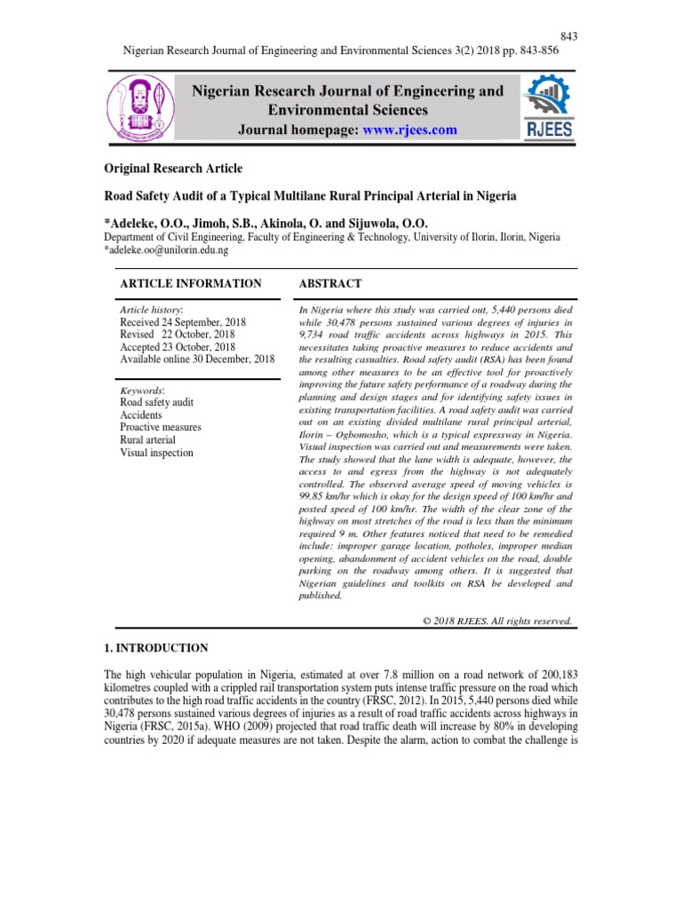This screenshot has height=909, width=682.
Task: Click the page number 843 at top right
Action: pos(569,36)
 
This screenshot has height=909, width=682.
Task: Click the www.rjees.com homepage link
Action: pos(416,130)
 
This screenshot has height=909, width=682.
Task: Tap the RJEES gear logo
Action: pos(551,107)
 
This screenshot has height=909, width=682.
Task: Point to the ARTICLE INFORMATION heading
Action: pos(190,283)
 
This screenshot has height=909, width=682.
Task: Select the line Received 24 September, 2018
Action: pos(183,321)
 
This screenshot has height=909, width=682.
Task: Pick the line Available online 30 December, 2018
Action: pos(197,359)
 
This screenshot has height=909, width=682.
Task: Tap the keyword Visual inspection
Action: pos(156,453)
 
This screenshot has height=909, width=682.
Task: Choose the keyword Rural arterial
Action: pos(147,440)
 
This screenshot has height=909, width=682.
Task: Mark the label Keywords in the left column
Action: pos(143,390)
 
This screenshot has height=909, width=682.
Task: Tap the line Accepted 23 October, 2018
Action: pos(178,346)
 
